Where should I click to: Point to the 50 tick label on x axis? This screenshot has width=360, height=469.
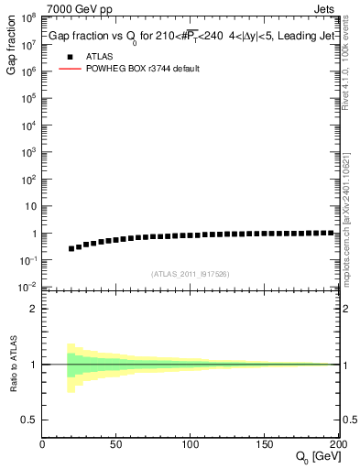[116, 445]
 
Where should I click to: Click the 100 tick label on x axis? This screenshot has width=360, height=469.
[190, 445]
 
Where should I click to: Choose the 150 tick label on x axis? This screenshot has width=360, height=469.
[264, 445]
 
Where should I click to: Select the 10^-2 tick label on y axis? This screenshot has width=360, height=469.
[27, 287]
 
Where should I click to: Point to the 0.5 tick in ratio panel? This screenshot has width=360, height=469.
[29, 420]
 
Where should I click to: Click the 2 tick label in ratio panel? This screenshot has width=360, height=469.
[34, 309]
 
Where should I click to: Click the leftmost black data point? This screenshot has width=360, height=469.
[71, 248]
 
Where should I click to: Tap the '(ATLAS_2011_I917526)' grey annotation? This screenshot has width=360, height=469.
[190, 274]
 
